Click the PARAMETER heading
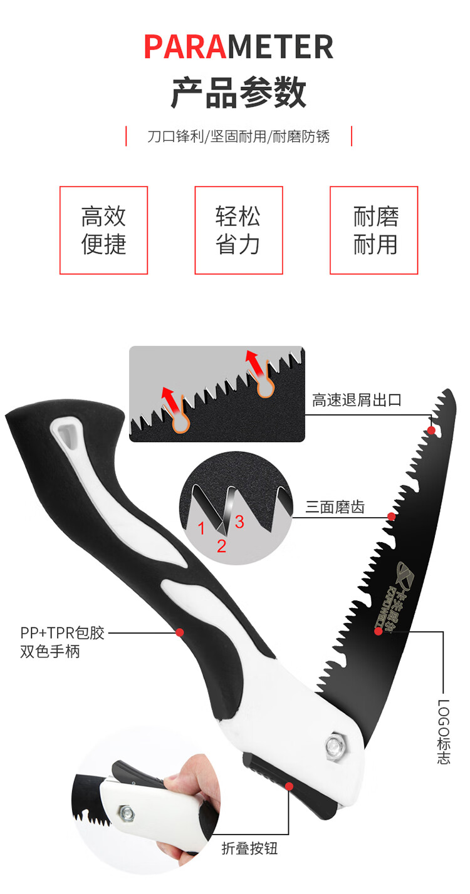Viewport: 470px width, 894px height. tap(239, 47)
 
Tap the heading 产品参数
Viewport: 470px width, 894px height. tap(239, 93)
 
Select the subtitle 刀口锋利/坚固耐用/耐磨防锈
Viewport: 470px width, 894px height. tap(239, 136)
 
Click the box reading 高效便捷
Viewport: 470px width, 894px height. tap(103, 230)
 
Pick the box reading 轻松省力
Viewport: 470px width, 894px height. tap(238, 230)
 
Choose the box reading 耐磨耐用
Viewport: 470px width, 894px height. tap(374, 230)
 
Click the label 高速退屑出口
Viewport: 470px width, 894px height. tap(357, 401)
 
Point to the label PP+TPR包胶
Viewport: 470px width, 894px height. tap(62, 633)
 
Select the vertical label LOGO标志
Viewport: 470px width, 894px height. tap(443, 731)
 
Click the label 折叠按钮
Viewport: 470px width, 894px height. tap(249, 849)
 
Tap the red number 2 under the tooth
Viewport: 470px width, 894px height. tap(221, 547)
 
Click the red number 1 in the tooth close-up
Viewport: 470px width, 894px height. tap(202, 528)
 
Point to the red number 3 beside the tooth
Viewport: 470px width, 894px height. tap(239, 522)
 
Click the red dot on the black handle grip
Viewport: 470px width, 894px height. tap(179, 632)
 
